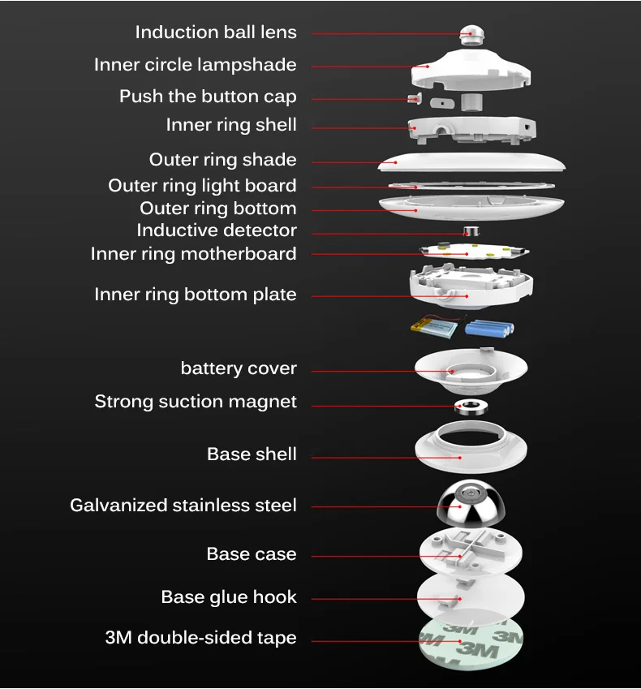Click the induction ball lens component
(x=472, y=35)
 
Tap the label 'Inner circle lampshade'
(x=195, y=65)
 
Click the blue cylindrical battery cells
(x=489, y=328)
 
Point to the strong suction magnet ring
(x=471, y=407)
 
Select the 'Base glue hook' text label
(x=229, y=597)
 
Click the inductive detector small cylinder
(x=471, y=231)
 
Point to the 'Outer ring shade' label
(x=222, y=160)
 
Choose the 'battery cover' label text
(x=239, y=368)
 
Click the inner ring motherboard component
(x=474, y=252)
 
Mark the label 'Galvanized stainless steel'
(x=183, y=506)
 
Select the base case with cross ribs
(x=471, y=552)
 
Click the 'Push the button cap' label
(x=208, y=97)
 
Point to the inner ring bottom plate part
(x=471, y=286)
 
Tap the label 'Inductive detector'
(x=217, y=230)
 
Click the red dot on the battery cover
(x=453, y=372)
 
